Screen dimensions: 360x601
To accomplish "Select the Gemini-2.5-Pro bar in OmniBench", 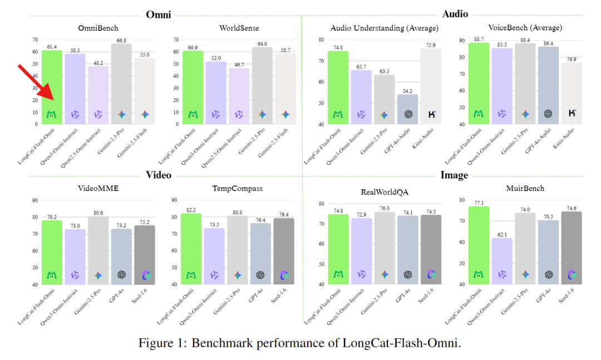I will pos(121,83).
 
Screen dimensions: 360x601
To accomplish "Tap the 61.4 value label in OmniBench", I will pos(52,47).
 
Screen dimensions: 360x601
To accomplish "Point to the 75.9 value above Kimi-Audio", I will pos(431,45).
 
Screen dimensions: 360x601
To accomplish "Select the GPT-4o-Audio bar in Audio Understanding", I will pos(407,109).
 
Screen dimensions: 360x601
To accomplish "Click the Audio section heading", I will pos(455,14).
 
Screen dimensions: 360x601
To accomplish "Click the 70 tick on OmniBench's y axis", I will pos(35,40).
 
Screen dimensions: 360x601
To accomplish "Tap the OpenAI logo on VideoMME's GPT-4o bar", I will pos(121,275).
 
